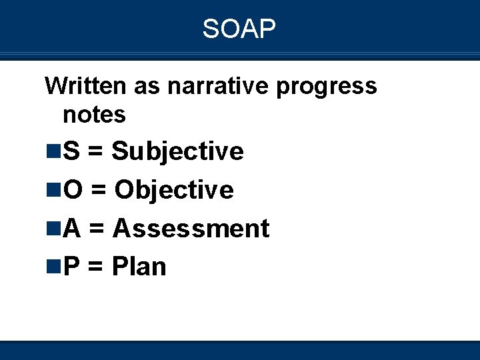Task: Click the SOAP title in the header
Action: pyautogui.click(x=239, y=29)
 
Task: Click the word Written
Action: pyautogui.click(x=85, y=85)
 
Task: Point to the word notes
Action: pyautogui.click(x=94, y=115)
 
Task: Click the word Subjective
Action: pyautogui.click(x=177, y=152)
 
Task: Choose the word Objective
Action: pyautogui.click(x=174, y=191)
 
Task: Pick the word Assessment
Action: pyautogui.click(x=191, y=229)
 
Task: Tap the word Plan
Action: pyautogui.click(x=139, y=267)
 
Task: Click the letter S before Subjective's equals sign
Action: pyautogui.click(x=71, y=152)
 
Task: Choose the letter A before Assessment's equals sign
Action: pyautogui.click(x=72, y=229)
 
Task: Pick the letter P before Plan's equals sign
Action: pyautogui.click(x=71, y=267)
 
